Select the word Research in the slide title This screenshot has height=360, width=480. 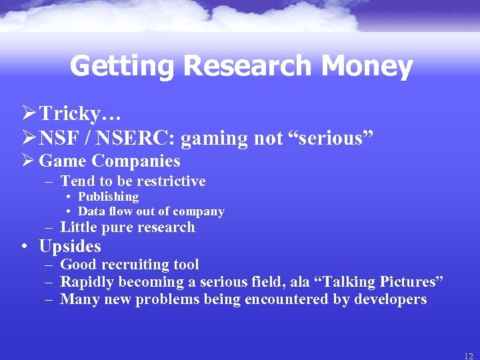247,67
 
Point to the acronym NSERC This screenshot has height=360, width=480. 140,138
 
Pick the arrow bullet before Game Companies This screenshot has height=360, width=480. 27,161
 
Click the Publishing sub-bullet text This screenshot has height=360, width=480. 108,197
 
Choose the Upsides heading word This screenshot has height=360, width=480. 70,247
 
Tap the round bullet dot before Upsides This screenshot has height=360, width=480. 24,247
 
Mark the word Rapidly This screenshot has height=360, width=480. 85,282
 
